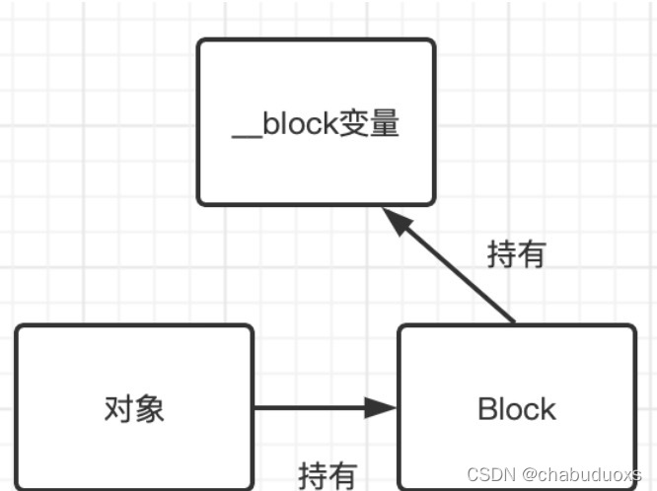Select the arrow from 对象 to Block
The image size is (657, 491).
(316, 407)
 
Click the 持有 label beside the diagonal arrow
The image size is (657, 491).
(516, 254)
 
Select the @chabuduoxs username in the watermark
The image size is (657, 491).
(582, 475)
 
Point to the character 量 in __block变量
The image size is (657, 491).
(383, 126)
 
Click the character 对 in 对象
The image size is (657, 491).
(118, 408)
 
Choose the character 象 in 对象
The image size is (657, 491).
(149, 408)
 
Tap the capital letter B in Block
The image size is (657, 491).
(486, 408)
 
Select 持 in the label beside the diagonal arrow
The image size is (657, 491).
(501, 254)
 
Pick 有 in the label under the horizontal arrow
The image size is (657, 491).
(341, 475)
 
